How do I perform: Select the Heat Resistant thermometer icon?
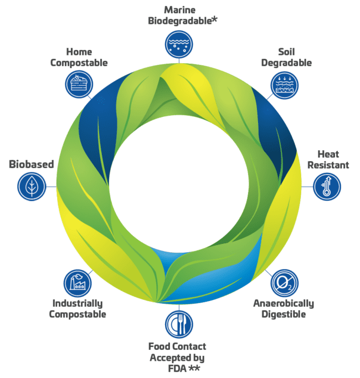[327, 186]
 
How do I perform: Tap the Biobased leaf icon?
[32, 186]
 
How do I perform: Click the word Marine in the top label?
[179, 10]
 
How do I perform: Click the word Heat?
[328, 154]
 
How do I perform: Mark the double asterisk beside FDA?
[194, 367]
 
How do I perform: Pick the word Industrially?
[78, 303]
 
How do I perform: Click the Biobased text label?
[31, 164]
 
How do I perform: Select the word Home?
[79, 52]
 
